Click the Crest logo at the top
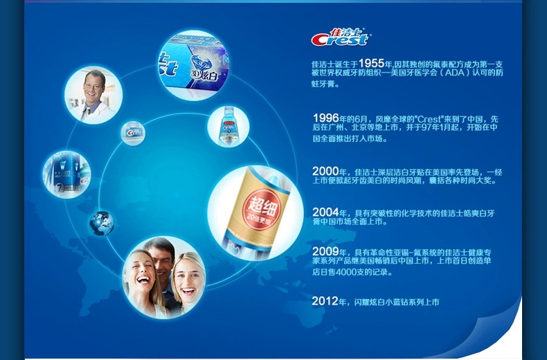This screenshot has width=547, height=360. click(x=340, y=37)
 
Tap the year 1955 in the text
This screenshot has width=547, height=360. click(x=371, y=63)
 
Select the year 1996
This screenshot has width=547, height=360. click(x=326, y=118)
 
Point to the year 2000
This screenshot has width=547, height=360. click(x=325, y=171)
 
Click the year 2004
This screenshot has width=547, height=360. click(x=325, y=212)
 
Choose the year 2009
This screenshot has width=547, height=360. click(x=325, y=251)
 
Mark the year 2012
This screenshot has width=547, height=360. click(x=325, y=301)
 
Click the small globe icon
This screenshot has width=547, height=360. click(x=102, y=223)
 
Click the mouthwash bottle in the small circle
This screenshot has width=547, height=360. click(x=228, y=126)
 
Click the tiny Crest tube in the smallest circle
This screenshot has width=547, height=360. click(x=133, y=133)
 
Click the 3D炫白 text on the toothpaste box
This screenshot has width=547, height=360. click(x=204, y=75)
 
